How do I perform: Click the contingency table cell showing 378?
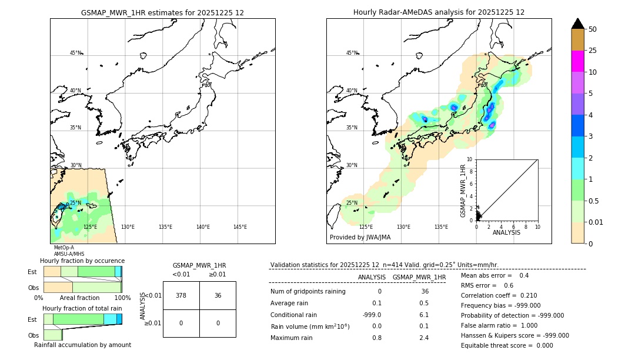click(x=181, y=295)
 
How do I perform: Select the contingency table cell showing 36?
click(x=218, y=295)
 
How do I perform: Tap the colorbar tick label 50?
click(x=593, y=29)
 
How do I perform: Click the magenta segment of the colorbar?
click(x=577, y=61)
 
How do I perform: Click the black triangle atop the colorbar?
click(x=577, y=24)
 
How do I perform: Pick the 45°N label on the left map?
click(x=75, y=53)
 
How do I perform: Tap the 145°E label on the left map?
click(x=240, y=227)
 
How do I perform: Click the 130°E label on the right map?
click(x=403, y=227)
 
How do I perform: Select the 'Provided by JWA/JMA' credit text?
click(x=360, y=238)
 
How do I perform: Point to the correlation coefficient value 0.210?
click(x=509, y=295)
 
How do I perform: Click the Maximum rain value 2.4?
click(x=423, y=338)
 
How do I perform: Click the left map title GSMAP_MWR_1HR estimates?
click(x=162, y=12)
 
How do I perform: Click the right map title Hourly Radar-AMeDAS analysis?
click(x=439, y=12)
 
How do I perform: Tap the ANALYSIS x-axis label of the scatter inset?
click(x=506, y=232)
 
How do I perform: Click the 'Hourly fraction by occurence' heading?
click(x=82, y=261)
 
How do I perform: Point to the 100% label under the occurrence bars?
click(x=122, y=298)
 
